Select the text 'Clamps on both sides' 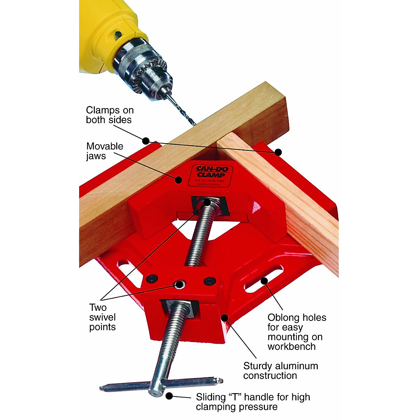tap(109, 115)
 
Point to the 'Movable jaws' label tap(105, 151)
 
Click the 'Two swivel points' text tap(102, 317)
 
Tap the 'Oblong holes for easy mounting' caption tap(296, 332)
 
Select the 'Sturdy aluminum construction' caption tap(280, 371)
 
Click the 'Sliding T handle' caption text tap(253, 402)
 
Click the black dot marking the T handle tap(169, 396)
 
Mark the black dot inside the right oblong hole tap(264, 280)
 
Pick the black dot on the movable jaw tap(178, 180)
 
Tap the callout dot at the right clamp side tap(278, 152)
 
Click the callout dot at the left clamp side tap(146, 141)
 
